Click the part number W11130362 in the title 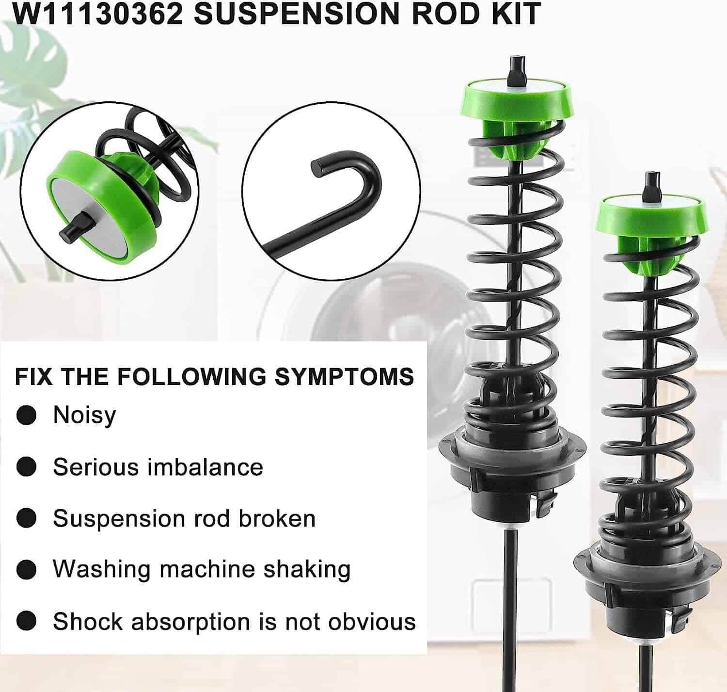[x=97, y=13]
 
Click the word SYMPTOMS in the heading [x=344, y=377]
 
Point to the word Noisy [x=84, y=416]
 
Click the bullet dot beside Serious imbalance [x=26, y=467]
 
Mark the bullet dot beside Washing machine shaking [x=26, y=569]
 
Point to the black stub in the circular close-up [x=74, y=227]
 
